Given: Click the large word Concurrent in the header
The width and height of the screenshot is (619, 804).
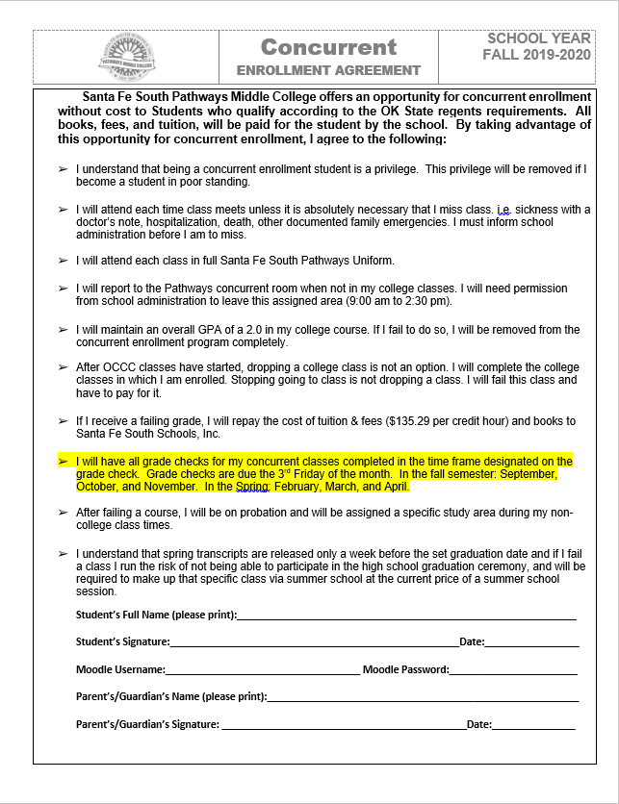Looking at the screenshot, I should (328, 47).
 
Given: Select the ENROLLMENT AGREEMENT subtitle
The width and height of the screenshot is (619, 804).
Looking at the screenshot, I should (328, 70).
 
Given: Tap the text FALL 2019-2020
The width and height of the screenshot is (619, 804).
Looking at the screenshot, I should (536, 55).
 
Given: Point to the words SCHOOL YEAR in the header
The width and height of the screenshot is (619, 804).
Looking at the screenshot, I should (538, 38).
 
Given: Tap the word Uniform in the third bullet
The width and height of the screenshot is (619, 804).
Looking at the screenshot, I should (371, 261).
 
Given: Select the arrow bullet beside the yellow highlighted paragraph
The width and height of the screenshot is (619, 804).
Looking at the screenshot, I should (63, 461).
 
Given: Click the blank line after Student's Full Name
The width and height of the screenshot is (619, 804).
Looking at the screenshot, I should (406, 615).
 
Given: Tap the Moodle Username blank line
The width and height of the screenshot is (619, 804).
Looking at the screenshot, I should (262, 669).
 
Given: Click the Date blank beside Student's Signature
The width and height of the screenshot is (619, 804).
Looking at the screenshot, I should (531, 641).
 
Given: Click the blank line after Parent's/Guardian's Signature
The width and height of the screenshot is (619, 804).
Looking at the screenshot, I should (342, 724).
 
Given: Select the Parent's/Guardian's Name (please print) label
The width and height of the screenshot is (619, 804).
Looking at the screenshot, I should (169, 696).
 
